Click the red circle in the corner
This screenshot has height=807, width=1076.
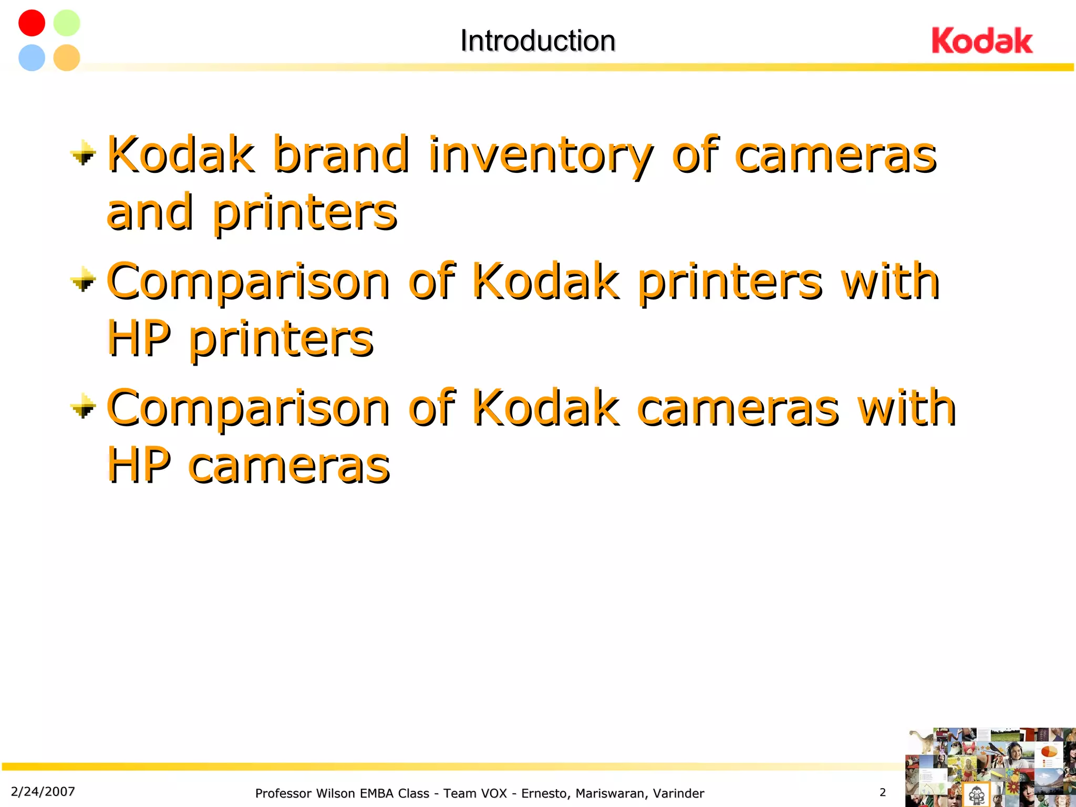pyautogui.click(x=32, y=23)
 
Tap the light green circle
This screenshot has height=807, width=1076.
pyautogui.click(x=67, y=23)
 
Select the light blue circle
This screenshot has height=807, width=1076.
pyautogui.click(x=32, y=57)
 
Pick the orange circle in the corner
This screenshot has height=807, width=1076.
pyautogui.click(x=67, y=57)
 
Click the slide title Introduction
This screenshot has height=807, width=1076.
pyautogui.click(x=537, y=41)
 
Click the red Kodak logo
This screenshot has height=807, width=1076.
pyautogui.click(x=981, y=41)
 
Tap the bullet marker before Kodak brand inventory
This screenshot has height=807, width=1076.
pyautogui.click(x=83, y=154)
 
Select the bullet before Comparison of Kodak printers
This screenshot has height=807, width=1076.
pyautogui.click(x=83, y=280)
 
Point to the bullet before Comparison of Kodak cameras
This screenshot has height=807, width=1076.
pyautogui.click(x=83, y=407)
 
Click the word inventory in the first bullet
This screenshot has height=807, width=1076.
pyautogui.click(x=540, y=156)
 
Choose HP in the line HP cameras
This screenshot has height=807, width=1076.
pyautogui.click(x=139, y=464)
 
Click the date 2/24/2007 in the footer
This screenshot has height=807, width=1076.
pyautogui.click(x=43, y=792)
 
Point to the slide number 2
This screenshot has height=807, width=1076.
pyautogui.click(x=883, y=792)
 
